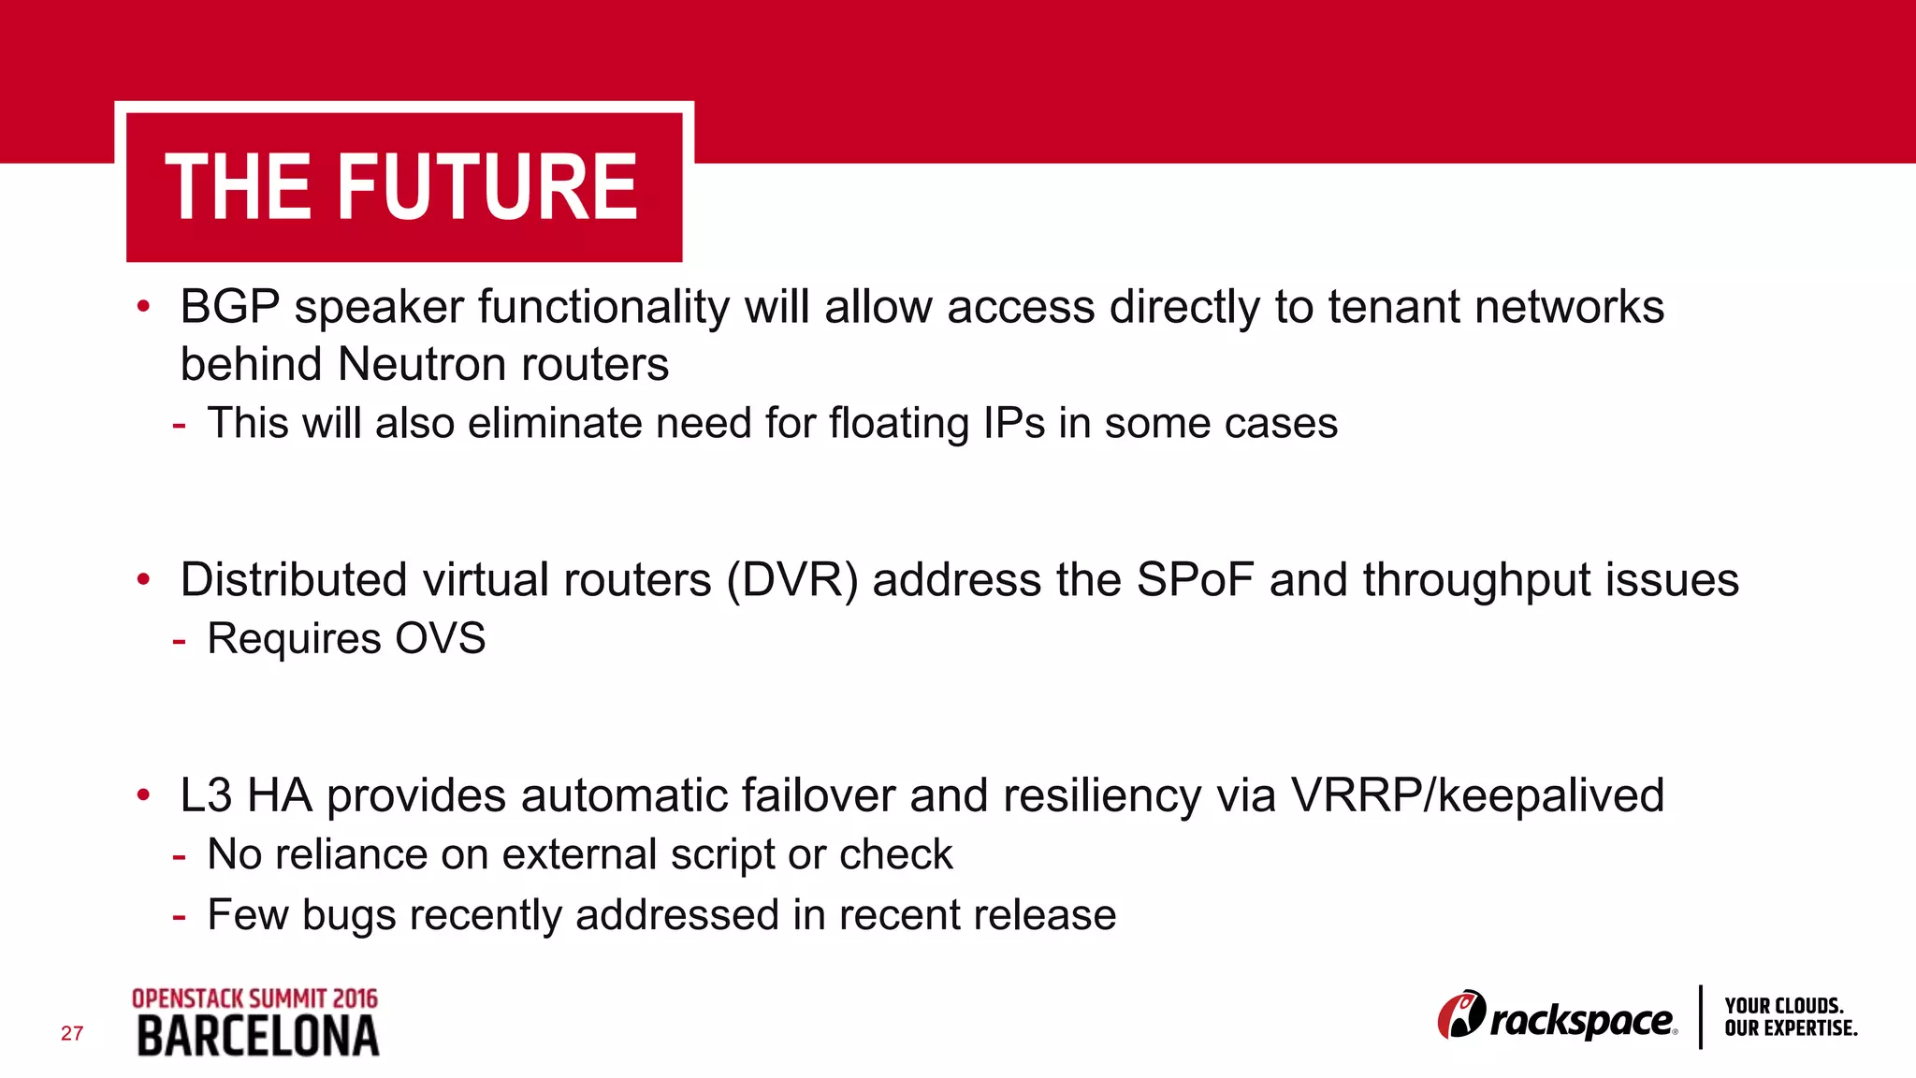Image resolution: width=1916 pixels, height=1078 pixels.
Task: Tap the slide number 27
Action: pos(72,1033)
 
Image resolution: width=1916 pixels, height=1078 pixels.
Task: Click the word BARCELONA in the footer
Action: pos(258,1037)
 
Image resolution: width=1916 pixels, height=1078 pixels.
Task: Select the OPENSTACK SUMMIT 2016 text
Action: pos(254,998)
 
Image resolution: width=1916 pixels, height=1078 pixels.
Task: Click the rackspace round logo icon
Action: pos(1461,1015)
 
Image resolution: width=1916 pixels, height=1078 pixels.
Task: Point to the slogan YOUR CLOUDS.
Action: pos(1783,1006)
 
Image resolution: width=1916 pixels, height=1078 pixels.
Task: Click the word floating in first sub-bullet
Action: pos(898,423)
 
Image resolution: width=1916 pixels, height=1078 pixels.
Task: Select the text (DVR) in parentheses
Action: pos(792,580)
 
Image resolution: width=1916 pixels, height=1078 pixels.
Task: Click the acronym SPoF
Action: pos(1195,580)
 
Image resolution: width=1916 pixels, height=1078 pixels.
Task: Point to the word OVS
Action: pos(440,639)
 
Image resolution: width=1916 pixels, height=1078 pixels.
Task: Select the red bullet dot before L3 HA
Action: pos(143,795)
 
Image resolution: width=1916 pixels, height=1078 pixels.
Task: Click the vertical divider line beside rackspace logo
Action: pos(1700,1017)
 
